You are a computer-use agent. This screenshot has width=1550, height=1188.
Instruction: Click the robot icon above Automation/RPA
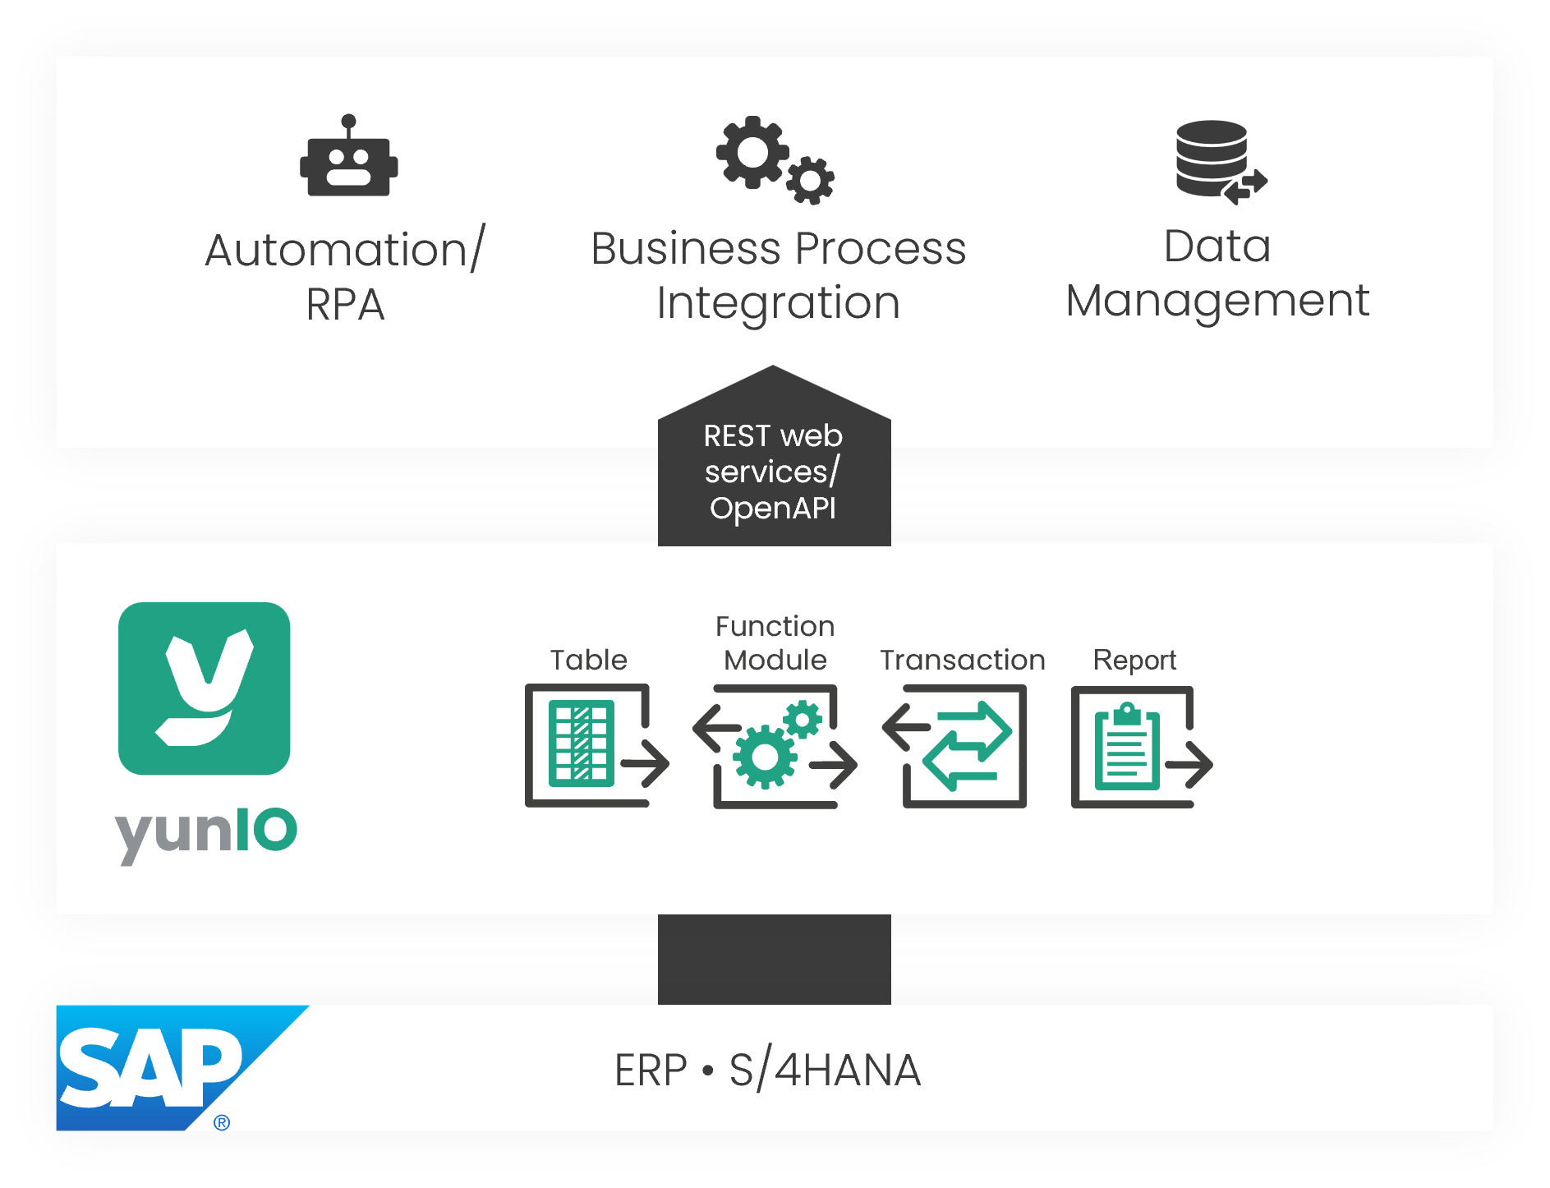click(348, 165)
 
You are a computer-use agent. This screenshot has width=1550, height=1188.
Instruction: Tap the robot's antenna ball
click(348, 121)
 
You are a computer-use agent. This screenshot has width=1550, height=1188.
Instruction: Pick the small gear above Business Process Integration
click(811, 180)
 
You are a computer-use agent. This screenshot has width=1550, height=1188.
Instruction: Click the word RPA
click(345, 305)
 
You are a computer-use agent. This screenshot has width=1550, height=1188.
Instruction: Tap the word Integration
click(778, 303)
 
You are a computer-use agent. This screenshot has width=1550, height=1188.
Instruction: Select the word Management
click(1217, 301)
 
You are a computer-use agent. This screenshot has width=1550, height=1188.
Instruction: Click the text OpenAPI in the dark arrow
click(772, 508)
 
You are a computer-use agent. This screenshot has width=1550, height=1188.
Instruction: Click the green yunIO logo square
click(204, 688)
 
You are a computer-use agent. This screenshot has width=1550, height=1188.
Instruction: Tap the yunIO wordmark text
click(205, 831)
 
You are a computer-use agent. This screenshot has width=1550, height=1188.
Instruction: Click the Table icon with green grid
click(581, 744)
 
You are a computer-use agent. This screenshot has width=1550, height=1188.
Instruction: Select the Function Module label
click(775, 643)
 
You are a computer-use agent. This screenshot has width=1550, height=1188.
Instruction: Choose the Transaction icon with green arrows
click(966, 746)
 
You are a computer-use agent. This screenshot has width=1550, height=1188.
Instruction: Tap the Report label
click(1134, 661)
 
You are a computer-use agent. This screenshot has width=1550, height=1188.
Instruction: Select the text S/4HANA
click(825, 1071)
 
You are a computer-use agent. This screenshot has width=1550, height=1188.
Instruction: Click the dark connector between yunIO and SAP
click(774, 959)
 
